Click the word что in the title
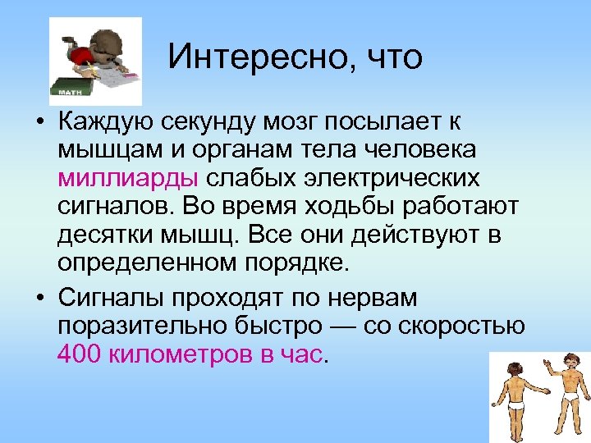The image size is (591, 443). pos(393,57)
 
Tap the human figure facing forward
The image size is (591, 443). pos(566,394)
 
